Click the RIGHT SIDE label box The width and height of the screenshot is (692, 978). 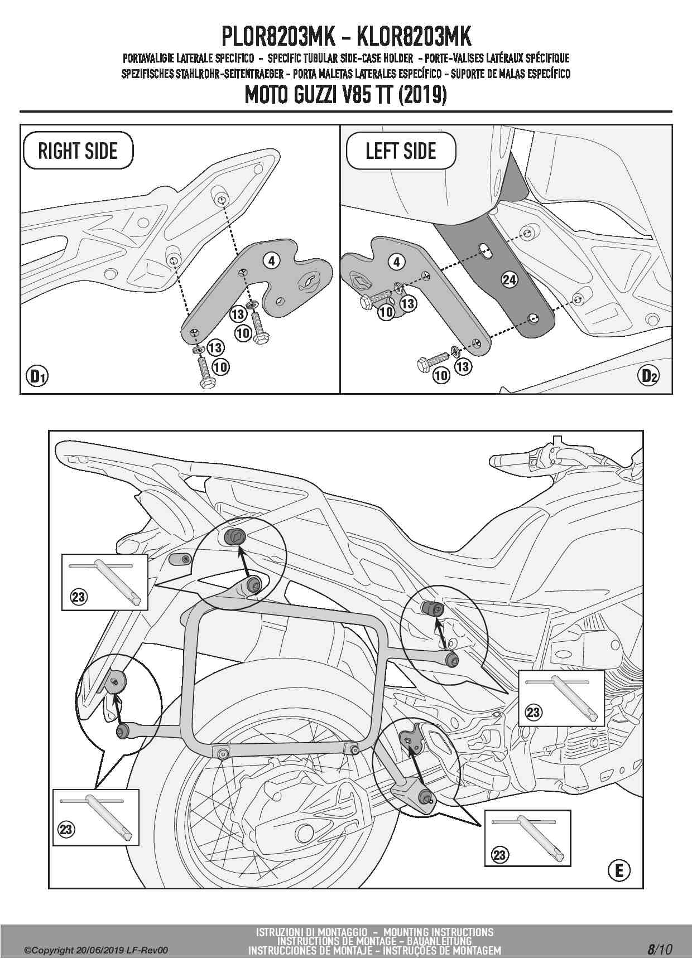[x=78, y=151]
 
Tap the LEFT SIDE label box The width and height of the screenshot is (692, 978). [x=401, y=151]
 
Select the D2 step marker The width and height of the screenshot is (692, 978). [x=648, y=376]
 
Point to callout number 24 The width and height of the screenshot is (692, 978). [x=510, y=279]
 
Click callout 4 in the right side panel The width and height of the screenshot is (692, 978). [x=271, y=260]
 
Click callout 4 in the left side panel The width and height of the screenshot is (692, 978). [x=397, y=262]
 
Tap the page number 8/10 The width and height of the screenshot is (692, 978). [x=660, y=950]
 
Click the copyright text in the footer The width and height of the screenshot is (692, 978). [x=95, y=951]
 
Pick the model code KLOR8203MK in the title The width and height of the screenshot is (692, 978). [x=413, y=37]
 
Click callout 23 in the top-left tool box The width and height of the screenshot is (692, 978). [x=78, y=597]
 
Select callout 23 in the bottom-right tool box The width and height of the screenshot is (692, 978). [x=499, y=855]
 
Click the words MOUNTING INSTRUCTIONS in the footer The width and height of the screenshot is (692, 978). [x=439, y=932]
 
